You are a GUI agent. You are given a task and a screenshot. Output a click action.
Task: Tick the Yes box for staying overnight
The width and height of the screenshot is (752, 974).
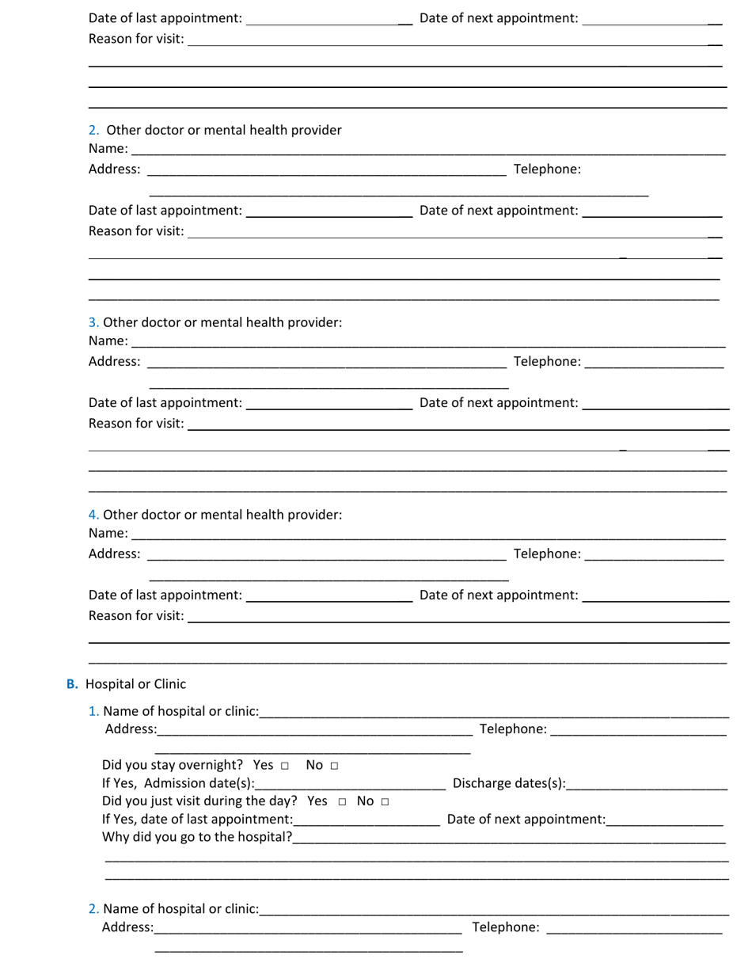pos(284,766)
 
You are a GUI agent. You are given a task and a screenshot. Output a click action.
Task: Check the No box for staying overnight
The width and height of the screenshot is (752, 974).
pos(334,766)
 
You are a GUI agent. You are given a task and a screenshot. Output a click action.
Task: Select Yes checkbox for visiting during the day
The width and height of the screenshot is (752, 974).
pos(342,802)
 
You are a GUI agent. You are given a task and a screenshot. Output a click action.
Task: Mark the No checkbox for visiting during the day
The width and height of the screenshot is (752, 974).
pos(385,802)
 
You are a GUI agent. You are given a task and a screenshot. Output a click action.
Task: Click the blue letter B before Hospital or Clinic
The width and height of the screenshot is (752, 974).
pos(72,684)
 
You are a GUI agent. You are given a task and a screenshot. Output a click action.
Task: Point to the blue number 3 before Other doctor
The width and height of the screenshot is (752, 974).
pos(93,322)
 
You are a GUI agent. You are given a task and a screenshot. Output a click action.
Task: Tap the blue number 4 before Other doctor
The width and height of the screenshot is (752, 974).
pos(93,515)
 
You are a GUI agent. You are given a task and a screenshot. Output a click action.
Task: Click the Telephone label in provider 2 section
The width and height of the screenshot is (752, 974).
pos(547,169)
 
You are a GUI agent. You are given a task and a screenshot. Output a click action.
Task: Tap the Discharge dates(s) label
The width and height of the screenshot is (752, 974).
pos(509,784)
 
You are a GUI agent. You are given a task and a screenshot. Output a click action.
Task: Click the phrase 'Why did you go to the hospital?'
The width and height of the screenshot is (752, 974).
pos(197,837)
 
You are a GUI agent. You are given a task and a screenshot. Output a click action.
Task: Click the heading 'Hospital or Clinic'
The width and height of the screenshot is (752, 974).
pos(135,684)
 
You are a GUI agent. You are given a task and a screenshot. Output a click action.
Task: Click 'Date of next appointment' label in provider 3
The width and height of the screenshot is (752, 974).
pos(499,402)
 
